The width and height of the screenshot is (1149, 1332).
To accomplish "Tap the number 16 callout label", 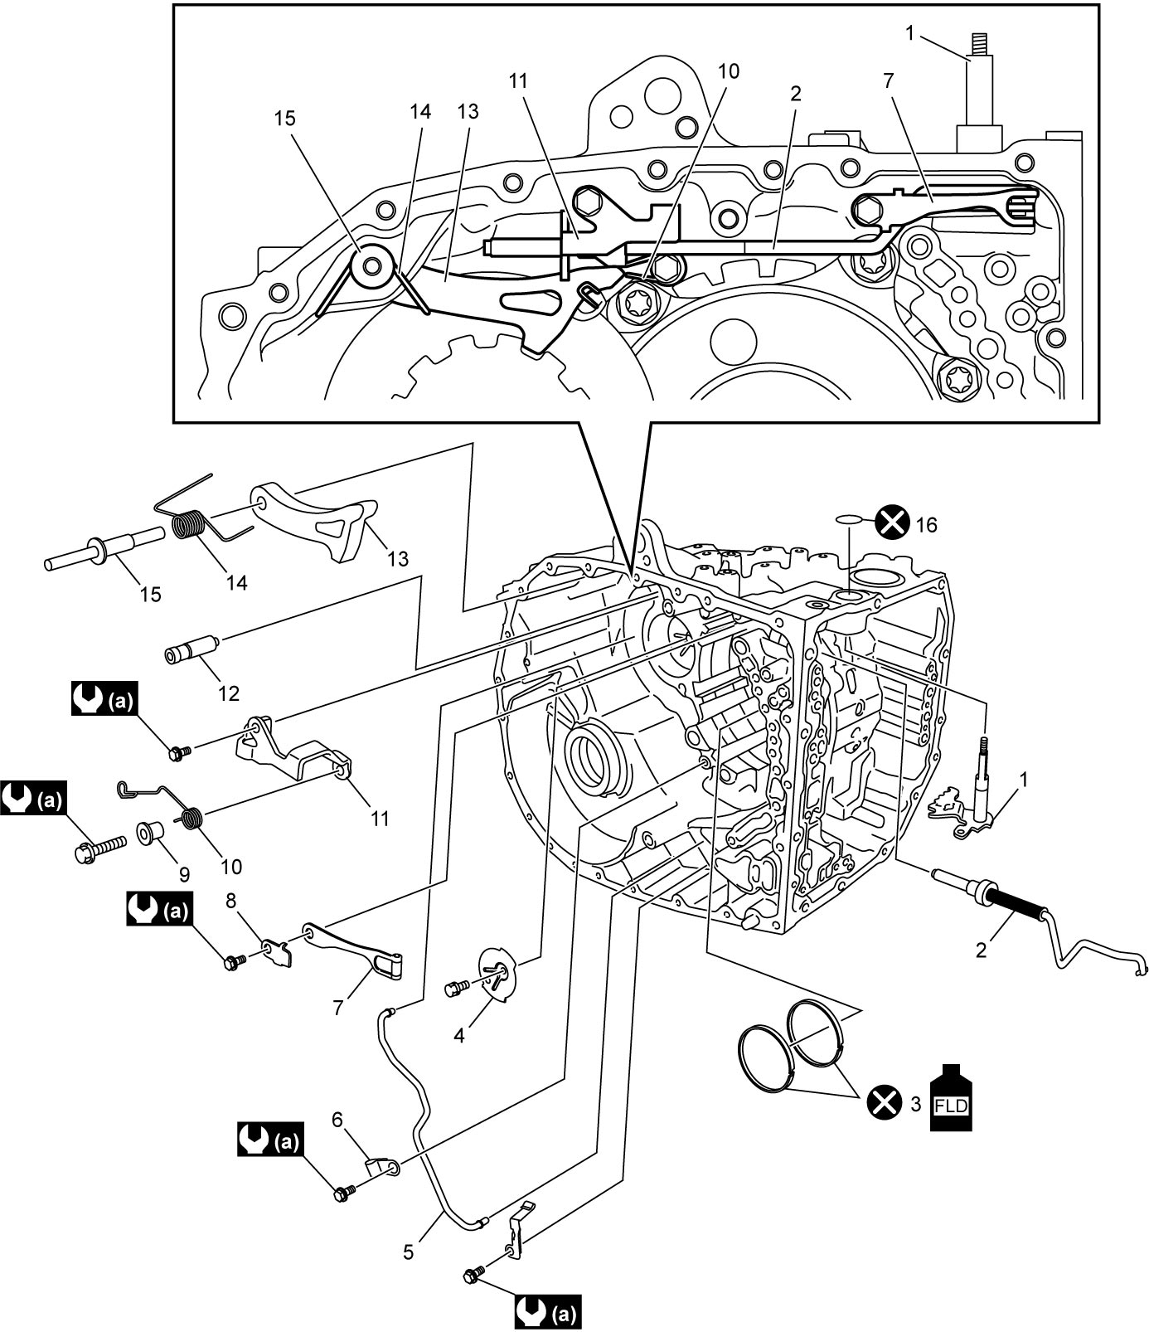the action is tap(926, 524).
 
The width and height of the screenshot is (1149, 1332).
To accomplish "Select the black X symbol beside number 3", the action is tap(884, 1103).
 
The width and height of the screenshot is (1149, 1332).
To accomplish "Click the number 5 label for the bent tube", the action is tap(408, 1251).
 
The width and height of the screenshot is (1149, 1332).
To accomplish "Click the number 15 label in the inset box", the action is tap(284, 119).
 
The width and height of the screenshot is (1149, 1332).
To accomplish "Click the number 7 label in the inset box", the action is tap(890, 80).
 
